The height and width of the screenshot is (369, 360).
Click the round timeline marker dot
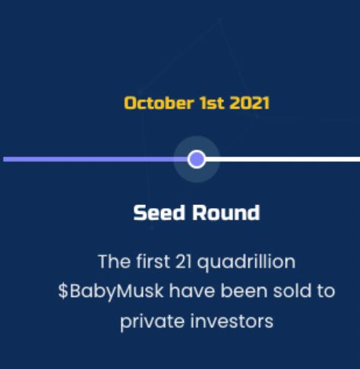(197, 159)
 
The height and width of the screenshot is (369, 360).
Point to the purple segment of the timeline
(91, 159)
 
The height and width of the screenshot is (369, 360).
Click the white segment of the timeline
(289, 159)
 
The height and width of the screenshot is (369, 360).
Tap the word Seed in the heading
(156, 213)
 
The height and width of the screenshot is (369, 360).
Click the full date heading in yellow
(196, 102)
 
